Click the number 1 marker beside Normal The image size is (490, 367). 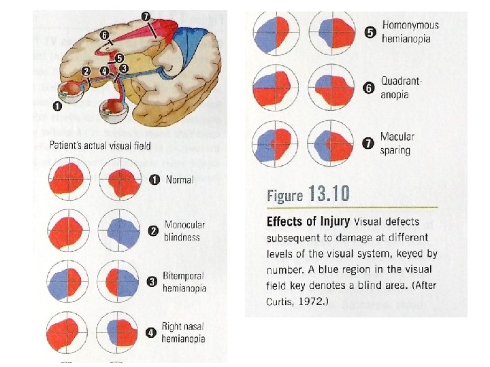[154, 180]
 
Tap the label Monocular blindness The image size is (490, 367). [183, 230]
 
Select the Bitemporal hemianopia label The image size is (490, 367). [184, 282]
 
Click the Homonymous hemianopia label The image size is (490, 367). [410, 32]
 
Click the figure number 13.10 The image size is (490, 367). [329, 195]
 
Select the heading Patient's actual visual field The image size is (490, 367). [100, 145]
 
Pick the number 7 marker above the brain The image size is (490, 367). [145, 16]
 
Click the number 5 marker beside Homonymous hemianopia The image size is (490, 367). [370, 32]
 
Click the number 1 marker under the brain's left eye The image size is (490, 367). [58, 106]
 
